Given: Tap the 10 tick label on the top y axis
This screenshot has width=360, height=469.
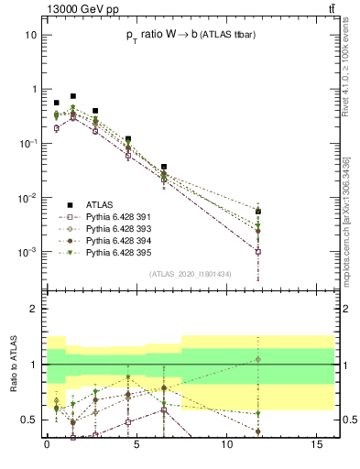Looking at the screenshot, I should coord(30,35).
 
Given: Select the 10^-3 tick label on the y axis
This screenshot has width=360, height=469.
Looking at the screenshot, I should coord(27,252).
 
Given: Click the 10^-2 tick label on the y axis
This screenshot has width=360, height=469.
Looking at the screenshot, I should coord(27,198).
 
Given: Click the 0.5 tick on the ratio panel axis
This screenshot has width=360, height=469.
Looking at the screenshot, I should coord(29,420).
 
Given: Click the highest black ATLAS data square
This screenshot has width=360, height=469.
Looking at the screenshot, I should coord(73,96).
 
